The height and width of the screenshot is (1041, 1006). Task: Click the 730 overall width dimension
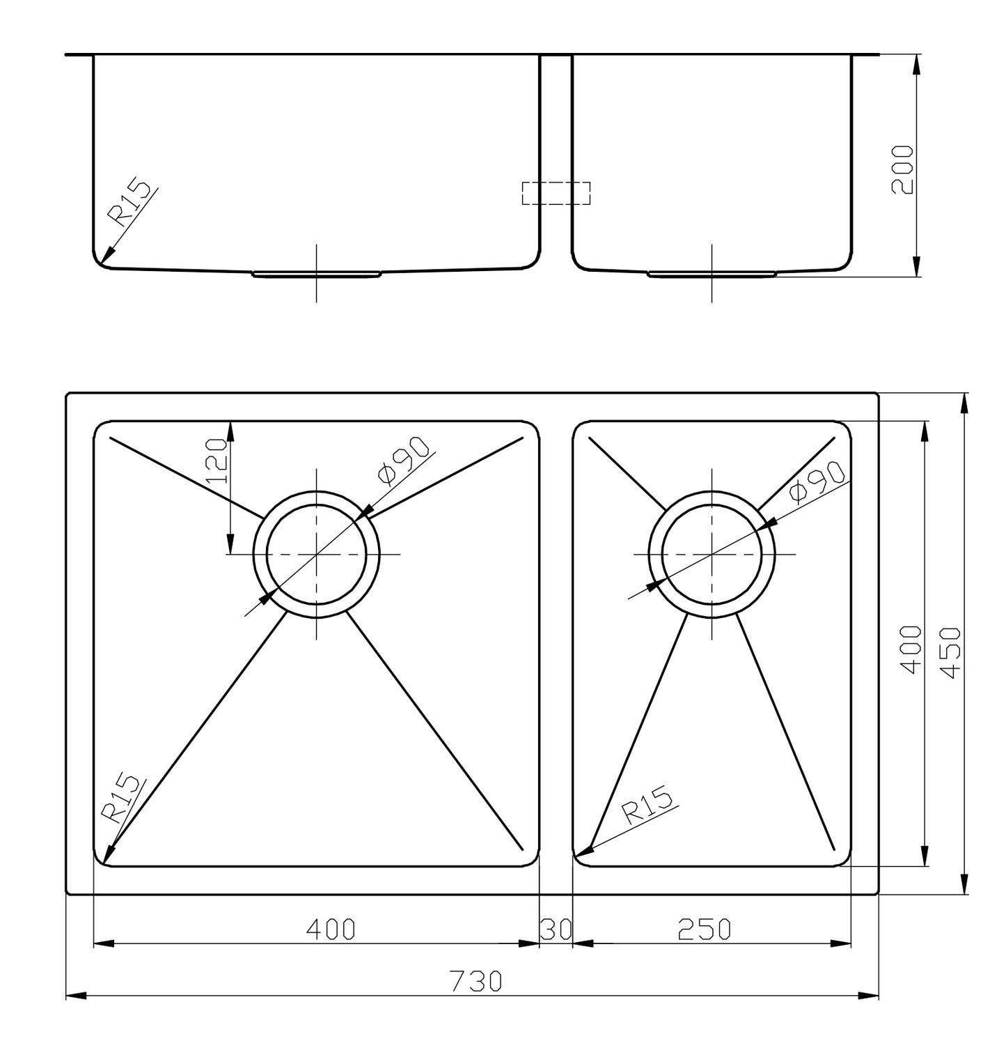(x=476, y=981)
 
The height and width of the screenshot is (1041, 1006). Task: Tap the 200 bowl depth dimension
(x=903, y=169)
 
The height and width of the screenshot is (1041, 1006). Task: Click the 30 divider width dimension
(x=556, y=929)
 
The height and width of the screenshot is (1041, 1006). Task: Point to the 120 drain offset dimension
(x=217, y=461)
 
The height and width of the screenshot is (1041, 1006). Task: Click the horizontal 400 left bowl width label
(x=331, y=929)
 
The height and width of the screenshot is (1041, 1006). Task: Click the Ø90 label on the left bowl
(x=404, y=461)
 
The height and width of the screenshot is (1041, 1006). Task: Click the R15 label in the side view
(x=129, y=203)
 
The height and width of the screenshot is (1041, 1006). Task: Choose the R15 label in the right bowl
(x=647, y=805)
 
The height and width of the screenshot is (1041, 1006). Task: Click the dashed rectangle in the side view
(x=556, y=193)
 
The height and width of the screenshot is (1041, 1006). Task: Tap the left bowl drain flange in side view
(x=316, y=274)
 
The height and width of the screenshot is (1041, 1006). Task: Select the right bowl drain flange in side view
(x=712, y=274)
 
